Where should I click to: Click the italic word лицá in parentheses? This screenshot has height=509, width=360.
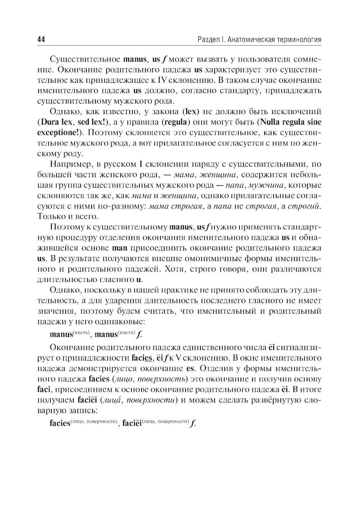point(121,400)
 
